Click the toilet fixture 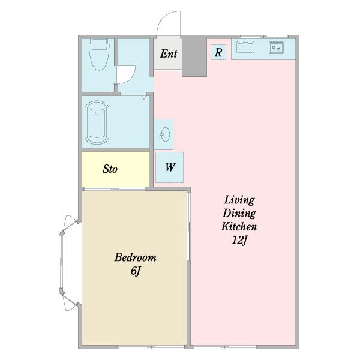(x=99, y=55)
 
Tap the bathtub (x=97, y=122)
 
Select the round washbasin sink (x=165, y=134)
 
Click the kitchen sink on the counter (x=245, y=47)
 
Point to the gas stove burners (x=276, y=48)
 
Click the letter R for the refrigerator (x=218, y=52)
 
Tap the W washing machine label (x=170, y=167)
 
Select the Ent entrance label (x=169, y=54)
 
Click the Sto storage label (x=110, y=169)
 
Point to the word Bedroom (x=136, y=257)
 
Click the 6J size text (x=136, y=271)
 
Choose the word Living (x=239, y=200)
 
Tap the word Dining (x=239, y=213)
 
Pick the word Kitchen (x=239, y=227)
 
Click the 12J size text (x=239, y=241)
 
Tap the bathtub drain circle (x=97, y=113)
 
